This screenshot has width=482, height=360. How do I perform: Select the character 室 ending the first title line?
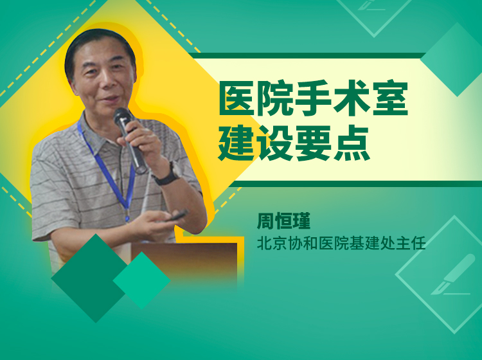[x=390, y=98]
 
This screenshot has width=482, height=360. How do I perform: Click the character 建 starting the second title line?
[x=237, y=143]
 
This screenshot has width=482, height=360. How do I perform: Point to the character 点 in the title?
[x=352, y=143]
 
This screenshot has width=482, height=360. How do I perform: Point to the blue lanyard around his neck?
[x=108, y=172]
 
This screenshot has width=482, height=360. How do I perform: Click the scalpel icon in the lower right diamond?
[x=451, y=274]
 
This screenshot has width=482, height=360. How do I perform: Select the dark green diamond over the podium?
[x=92, y=278]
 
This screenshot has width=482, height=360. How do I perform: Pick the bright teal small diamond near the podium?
[x=141, y=280]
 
